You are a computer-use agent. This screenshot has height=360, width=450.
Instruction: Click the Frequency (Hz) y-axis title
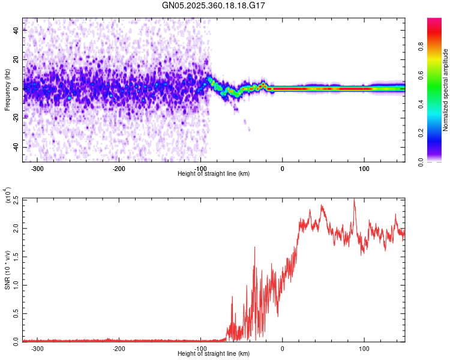pos(7,89)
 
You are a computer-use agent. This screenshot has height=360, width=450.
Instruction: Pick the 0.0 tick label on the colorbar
pos(439,161)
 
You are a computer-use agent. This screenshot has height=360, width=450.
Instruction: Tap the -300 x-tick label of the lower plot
pos(37,349)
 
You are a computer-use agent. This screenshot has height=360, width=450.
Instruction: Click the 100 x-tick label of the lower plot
pos(364,349)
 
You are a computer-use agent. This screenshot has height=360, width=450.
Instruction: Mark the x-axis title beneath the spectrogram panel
pos(214,174)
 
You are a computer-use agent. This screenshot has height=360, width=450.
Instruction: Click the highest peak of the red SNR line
pos(354,199)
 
